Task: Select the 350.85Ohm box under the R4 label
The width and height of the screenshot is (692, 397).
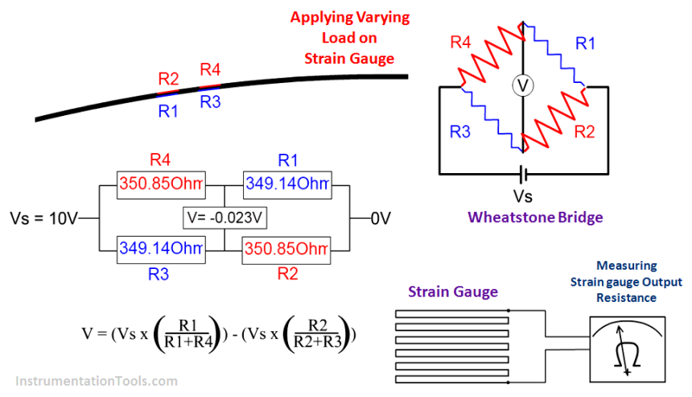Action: (162, 184)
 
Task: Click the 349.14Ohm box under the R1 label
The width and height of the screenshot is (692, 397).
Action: (287, 184)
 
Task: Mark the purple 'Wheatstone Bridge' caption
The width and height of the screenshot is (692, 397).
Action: (535, 217)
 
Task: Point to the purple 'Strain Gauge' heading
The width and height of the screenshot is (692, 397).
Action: (452, 292)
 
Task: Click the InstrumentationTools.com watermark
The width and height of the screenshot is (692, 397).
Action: (96, 381)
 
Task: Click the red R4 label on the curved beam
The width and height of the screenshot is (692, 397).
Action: (211, 69)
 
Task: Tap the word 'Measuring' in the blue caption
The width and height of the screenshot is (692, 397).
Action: (626, 266)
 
